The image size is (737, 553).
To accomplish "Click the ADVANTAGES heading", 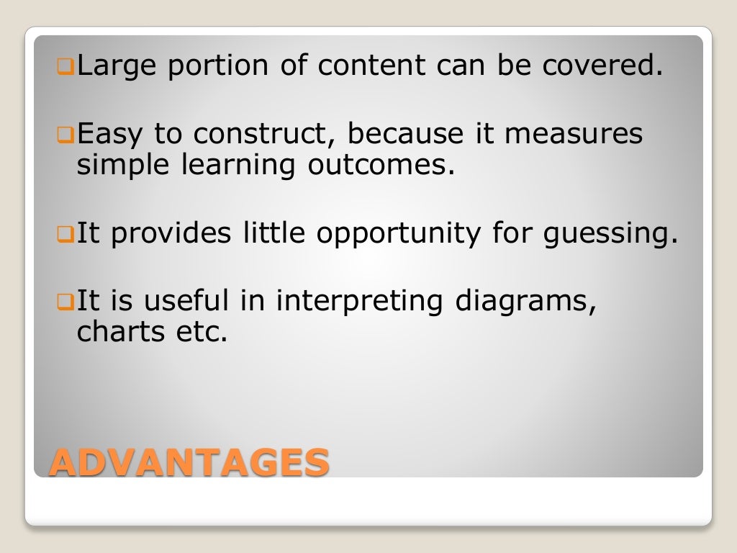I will [x=189, y=462].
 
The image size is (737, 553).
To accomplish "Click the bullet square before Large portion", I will [x=63, y=68].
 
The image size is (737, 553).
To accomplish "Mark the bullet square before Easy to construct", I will [x=63, y=135].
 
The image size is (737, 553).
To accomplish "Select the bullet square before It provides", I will [x=63, y=235].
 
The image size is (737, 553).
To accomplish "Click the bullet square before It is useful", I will [x=63, y=302].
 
